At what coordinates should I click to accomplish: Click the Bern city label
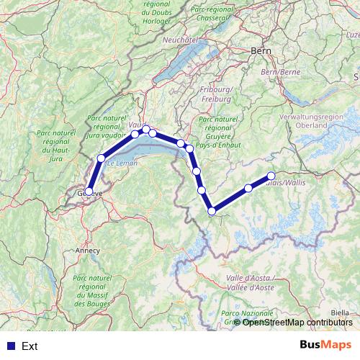[x=260, y=51]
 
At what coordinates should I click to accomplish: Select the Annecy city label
[x=86, y=251]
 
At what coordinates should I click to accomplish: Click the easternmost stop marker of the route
[x=271, y=176]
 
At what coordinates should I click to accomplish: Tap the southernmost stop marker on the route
[x=212, y=211]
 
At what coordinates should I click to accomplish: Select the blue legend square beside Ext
[x=9, y=346]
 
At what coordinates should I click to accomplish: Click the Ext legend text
[x=30, y=346]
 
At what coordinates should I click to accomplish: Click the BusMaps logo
[x=325, y=346]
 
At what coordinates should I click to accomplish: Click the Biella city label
[x=341, y=312]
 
